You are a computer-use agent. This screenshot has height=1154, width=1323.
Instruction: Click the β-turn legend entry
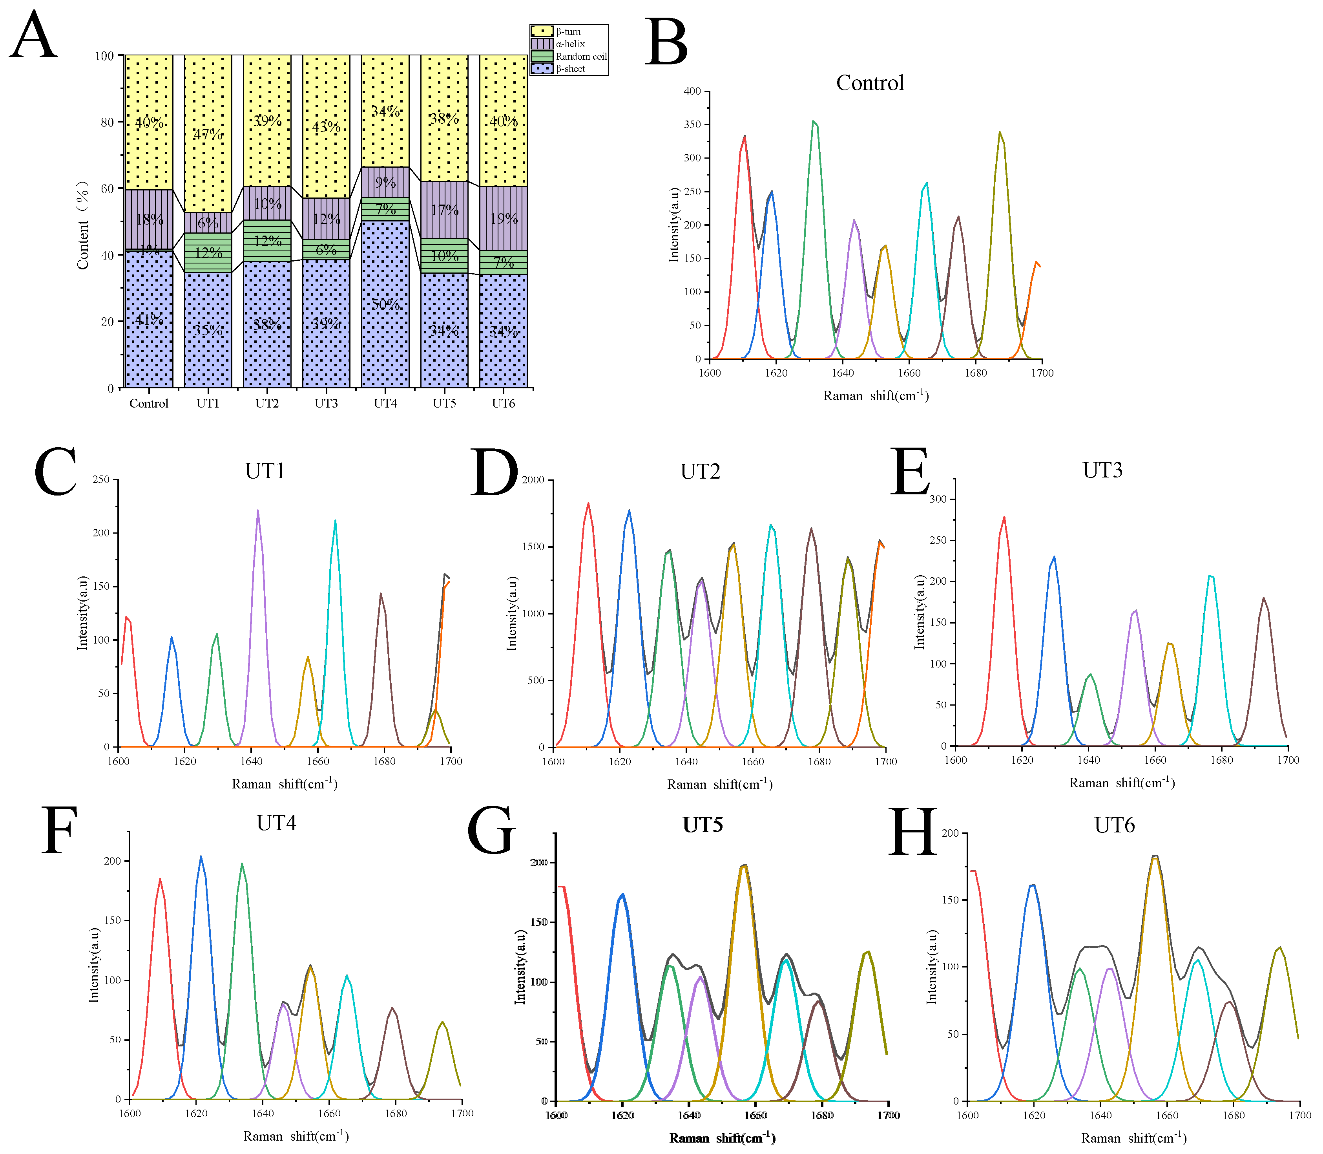point(568,31)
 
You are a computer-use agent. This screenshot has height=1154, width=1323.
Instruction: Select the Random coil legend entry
point(581,57)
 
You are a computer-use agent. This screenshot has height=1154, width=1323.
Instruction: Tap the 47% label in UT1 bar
point(208,134)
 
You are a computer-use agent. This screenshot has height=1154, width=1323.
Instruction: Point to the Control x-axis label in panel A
point(149,404)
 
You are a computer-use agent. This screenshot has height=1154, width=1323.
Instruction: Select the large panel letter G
point(491,831)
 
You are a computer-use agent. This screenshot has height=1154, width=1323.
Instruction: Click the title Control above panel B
point(869,83)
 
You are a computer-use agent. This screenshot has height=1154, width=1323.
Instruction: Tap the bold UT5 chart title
point(703,826)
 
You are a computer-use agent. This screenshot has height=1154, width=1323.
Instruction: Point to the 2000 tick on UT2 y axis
point(533,480)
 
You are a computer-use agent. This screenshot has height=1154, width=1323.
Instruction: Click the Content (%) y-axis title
point(82,225)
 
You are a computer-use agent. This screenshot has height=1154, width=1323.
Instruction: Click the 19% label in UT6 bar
point(504,219)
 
